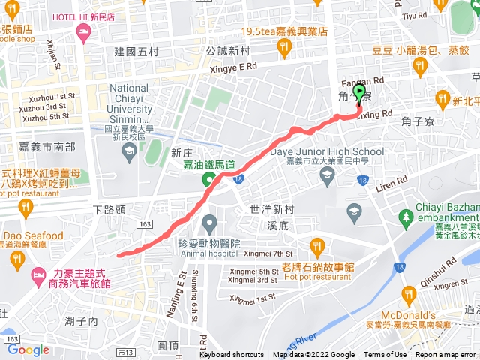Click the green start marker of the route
coord(359,94)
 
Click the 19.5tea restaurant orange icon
coord(283,48)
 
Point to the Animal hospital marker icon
coord(210,223)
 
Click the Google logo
coord(28,349)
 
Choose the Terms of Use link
coord(385,355)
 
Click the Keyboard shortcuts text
coord(232,355)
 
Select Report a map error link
coord(446,355)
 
